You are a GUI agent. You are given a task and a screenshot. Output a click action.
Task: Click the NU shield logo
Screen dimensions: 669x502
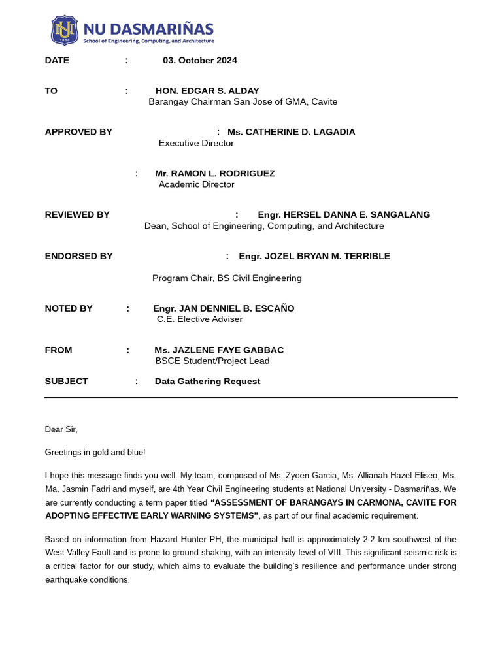(65, 31)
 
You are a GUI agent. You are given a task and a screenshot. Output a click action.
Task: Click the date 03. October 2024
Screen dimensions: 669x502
(200, 61)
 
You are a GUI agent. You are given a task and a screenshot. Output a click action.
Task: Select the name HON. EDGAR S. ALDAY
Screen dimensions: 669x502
(207, 91)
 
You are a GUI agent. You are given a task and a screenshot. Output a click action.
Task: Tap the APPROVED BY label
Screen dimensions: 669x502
(78, 132)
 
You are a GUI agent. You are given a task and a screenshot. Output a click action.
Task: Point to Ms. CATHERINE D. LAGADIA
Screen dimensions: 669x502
(291, 132)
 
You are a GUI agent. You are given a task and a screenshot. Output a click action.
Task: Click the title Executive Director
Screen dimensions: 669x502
(196, 143)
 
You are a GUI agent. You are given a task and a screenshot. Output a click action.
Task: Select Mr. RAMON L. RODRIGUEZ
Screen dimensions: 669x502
(214, 174)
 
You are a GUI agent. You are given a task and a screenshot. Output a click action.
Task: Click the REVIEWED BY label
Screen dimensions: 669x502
(77, 215)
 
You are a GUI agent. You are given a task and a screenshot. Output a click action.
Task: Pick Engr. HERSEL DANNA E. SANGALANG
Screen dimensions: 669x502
(344, 215)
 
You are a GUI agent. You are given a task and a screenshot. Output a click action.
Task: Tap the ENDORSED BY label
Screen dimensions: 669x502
(78, 257)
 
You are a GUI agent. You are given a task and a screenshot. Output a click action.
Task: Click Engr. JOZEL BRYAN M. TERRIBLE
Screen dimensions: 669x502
(314, 257)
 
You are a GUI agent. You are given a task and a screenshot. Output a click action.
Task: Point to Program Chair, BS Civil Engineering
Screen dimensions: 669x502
(227, 278)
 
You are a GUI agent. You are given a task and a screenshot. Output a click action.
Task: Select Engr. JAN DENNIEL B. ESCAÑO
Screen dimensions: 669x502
(224, 308)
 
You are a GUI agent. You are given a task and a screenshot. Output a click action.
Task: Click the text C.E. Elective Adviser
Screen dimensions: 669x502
(199, 319)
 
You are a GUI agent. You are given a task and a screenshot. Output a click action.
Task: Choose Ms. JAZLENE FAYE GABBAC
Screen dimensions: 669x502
(219, 350)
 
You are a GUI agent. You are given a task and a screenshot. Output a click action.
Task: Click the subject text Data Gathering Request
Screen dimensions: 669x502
(207, 382)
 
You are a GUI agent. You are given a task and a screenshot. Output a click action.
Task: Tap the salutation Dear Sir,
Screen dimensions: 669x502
(61, 429)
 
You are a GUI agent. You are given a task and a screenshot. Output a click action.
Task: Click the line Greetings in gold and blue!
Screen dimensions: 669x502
(95, 452)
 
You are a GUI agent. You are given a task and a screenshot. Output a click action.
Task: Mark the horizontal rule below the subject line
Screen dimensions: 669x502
(251, 397)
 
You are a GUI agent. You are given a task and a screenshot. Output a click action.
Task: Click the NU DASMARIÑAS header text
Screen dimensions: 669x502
(148, 29)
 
